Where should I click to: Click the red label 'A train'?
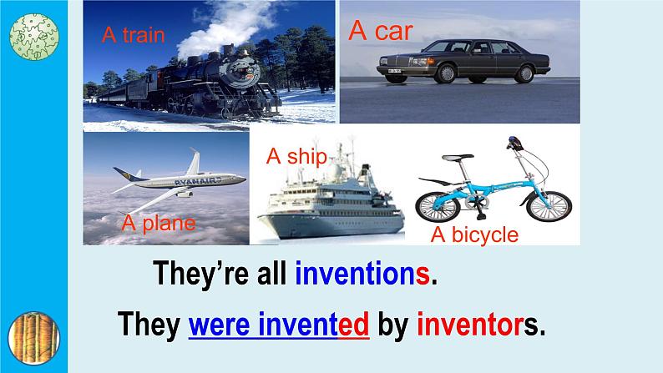point(134,35)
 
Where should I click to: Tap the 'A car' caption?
point(381,30)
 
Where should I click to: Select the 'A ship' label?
point(296,156)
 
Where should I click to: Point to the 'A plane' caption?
point(159,223)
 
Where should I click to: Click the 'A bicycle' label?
point(474,234)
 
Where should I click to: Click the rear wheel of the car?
point(524,74)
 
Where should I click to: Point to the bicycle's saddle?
point(457,158)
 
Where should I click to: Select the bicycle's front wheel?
point(549,207)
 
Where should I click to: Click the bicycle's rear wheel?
point(438,207)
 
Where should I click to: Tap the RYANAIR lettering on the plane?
point(198,181)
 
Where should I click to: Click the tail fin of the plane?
point(193,161)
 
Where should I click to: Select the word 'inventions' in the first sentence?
point(362,274)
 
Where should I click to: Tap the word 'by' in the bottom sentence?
point(393,325)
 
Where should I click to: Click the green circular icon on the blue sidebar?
point(34,37)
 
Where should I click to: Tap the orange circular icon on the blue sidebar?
point(34,338)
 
